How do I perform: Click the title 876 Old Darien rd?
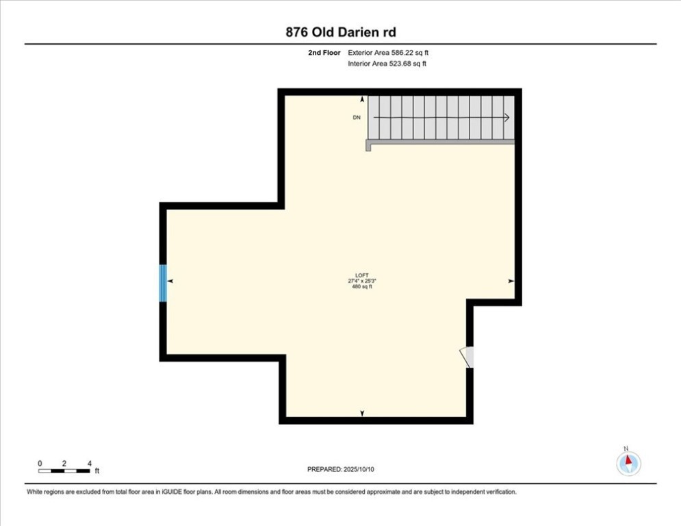pyautogui.click(x=340, y=32)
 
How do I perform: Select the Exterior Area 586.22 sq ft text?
pyautogui.click(x=388, y=52)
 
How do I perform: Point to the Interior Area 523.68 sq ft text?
pyautogui.click(x=387, y=64)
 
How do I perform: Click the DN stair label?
pyautogui.click(x=357, y=118)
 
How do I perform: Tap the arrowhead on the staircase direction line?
pyautogui.click(x=507, y=118)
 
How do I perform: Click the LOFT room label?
pyautogui.click(x=362, y=275)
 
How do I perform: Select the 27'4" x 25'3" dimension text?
pyautogui.click(x=362, y=281)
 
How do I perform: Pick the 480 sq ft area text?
pyautogui.click(x=362, y=287)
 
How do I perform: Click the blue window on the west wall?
pyautogui.click(x=163, y=283)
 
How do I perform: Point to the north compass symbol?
pyautogui.click(x=628, y=463)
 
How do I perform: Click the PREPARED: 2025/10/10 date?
pyautogui.click(x=340, y=469)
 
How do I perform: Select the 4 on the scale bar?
pyautogui.click(x=89, y=464)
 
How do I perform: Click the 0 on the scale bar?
pyautogui.click(x=40, y=464)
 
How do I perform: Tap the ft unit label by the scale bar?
pyautogui.click(x=97, y=471)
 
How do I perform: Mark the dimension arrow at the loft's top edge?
pyautogui.click(x=362, y=99)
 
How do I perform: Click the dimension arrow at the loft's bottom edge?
pyautogui.click(x=362, y=413)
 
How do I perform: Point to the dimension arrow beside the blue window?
pyautogui.click(x=170, y=281)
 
